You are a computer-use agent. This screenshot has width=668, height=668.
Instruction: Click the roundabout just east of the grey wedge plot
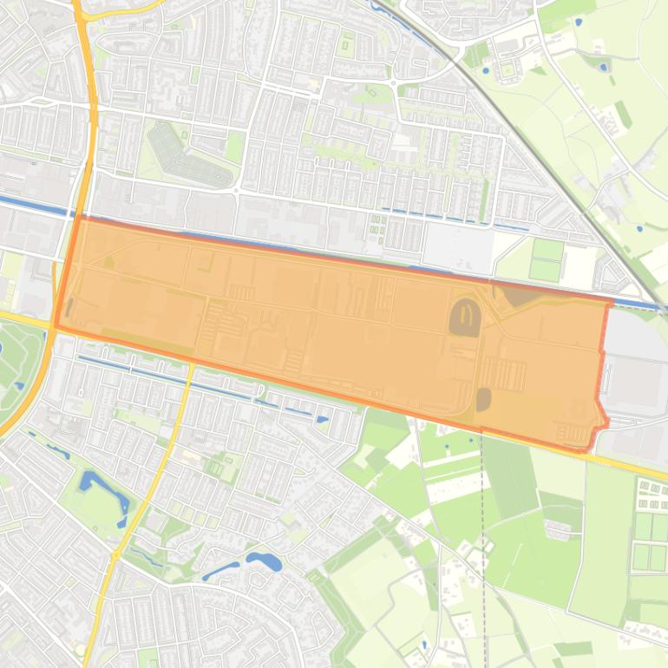pos(236,189)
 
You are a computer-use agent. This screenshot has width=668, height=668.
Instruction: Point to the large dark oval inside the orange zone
pos(465,317)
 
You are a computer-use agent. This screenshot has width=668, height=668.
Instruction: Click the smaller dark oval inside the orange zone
pos(483,399)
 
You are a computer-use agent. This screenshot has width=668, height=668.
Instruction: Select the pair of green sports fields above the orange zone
pos(547,259)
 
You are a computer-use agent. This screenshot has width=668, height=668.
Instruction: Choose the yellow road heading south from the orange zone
pos(174,434)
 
